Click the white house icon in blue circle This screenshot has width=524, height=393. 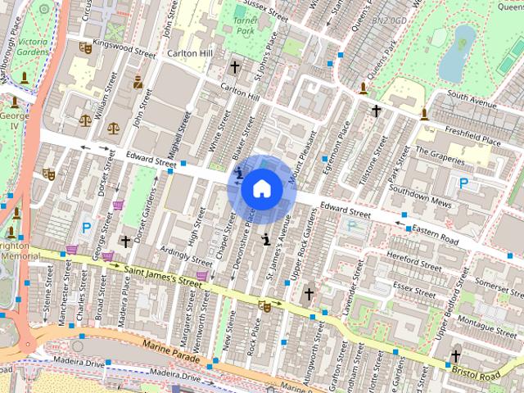pos(261,189)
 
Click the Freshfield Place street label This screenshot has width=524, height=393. pos(473,133)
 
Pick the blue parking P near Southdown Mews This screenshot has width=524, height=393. pos(464,184)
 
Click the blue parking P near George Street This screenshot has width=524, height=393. pos(85,227)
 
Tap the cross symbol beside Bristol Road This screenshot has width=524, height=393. pos(454,356)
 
